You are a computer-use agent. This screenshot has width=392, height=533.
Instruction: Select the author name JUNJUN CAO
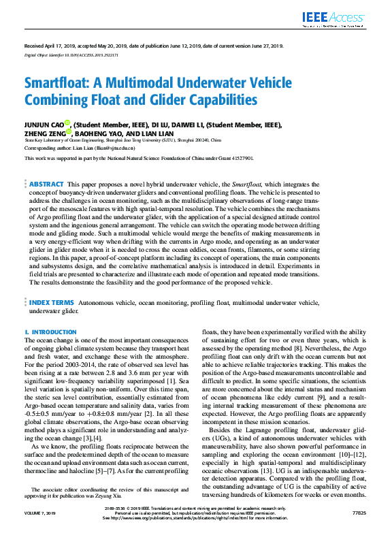(44, 125)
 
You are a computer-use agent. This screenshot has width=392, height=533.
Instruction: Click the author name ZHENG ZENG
(45, 134)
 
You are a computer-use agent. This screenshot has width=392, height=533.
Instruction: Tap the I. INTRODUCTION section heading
(51, 332)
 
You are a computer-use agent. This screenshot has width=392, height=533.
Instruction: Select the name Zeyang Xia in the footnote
(174, 496)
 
